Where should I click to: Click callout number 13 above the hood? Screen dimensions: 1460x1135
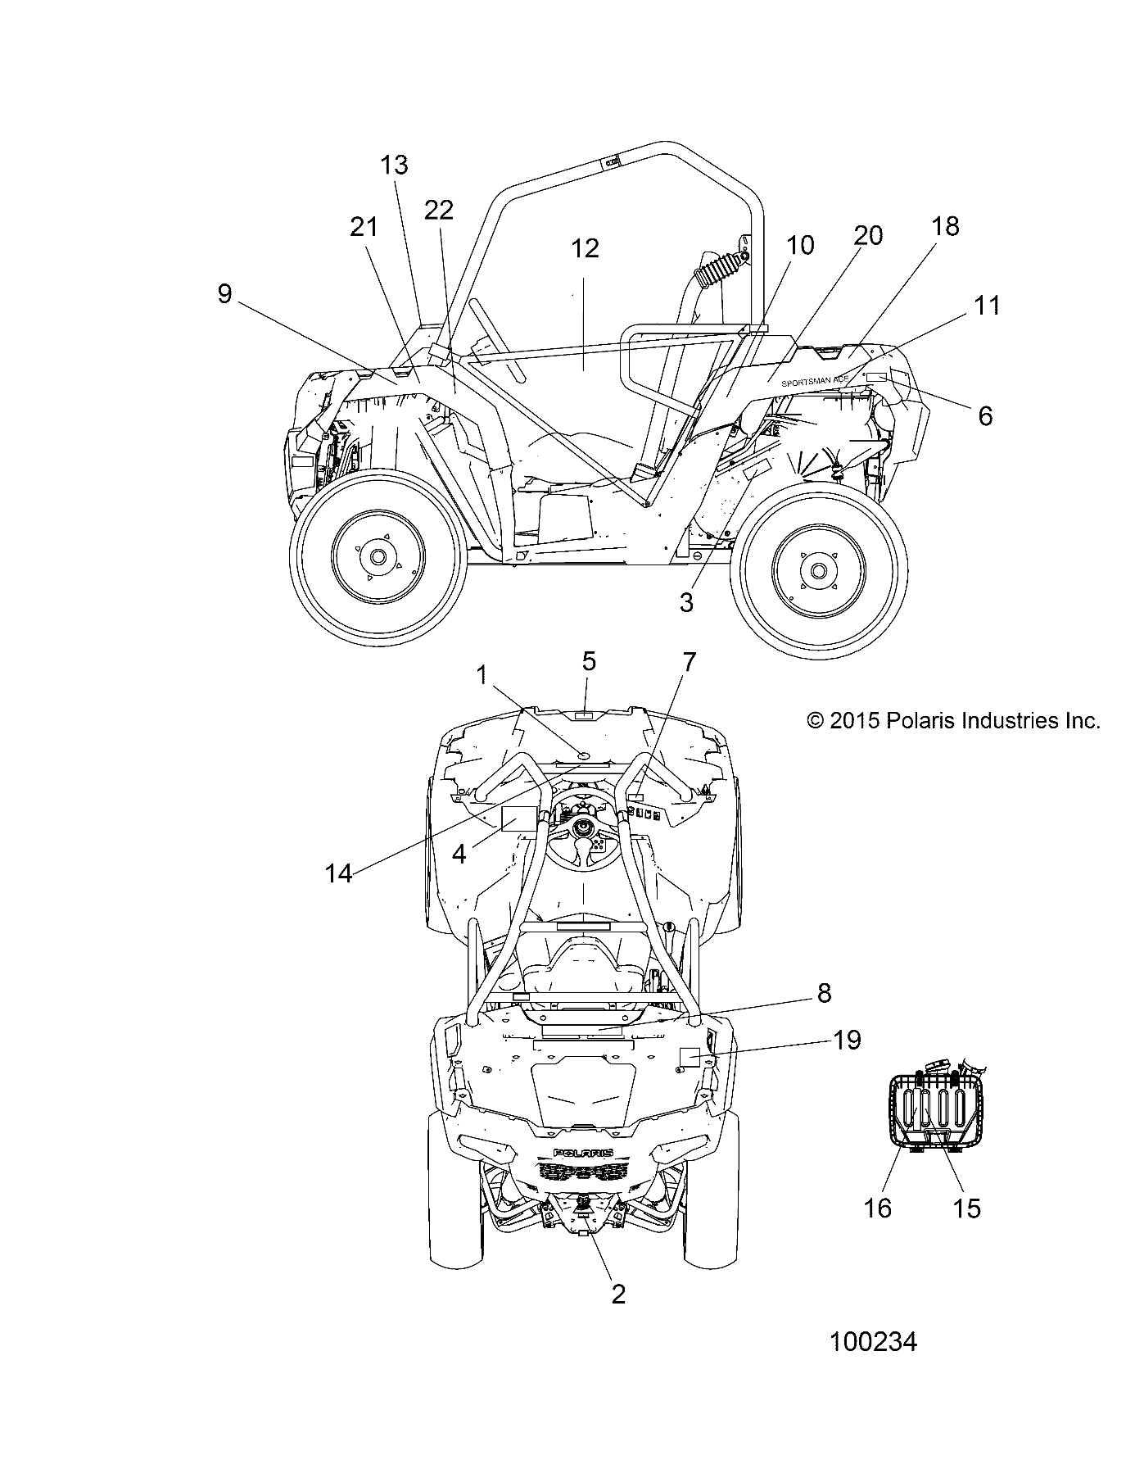pyautogui.click(x=394, y=165)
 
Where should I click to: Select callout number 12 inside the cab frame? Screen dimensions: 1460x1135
pyautogui.click(x=585, y=248)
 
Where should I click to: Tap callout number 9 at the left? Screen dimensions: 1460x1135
pyautogui.click(x=225, y=294)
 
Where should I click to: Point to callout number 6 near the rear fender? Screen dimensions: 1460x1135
pyautogui.click(x=985, y=415)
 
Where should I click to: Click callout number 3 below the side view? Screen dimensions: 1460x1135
pyautogui.click(x=686, y=603)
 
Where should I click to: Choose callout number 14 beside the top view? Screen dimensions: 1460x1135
pyautogui.click(x=338, y=873)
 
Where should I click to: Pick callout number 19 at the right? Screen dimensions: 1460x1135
pyautogui.click(x=847, y=1041)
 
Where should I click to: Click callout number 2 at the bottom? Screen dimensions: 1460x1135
pyautogui.click(x=618, y=1294)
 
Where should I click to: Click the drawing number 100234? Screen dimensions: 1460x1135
pyautogui.click(x=873, y=1342)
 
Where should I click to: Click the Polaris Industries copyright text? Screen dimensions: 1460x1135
pyautogui.click(x=953, y=721)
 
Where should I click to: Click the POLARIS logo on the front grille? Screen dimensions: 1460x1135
pyautogui.click(x=583, y=1153)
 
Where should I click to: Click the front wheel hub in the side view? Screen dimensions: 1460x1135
pyautogui.click(x=377, y=557)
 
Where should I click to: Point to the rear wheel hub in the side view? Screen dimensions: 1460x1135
pyautogui.click(x=816, y=569)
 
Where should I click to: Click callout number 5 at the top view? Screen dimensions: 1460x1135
pyautogui.click(x=589, y=661)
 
